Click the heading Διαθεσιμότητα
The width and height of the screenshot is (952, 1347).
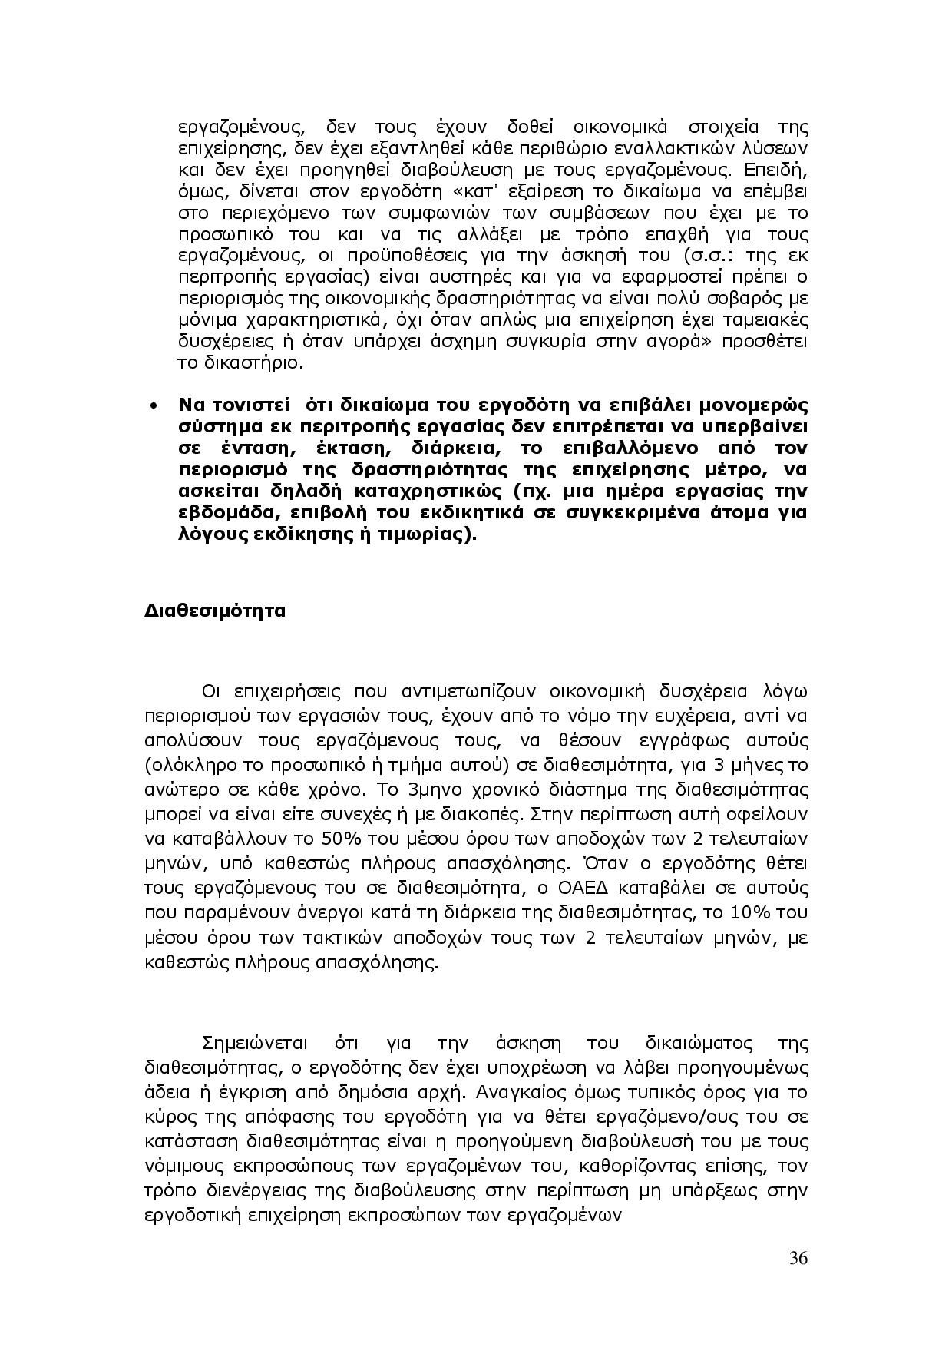tap(215, 611)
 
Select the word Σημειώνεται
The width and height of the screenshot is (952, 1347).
tap(254, 1044)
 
